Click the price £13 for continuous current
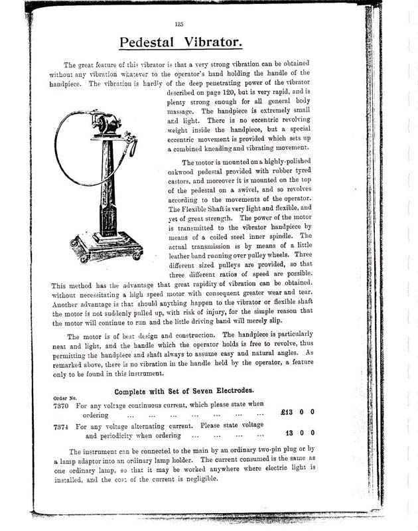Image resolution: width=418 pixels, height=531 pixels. [x=291, y=412]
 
